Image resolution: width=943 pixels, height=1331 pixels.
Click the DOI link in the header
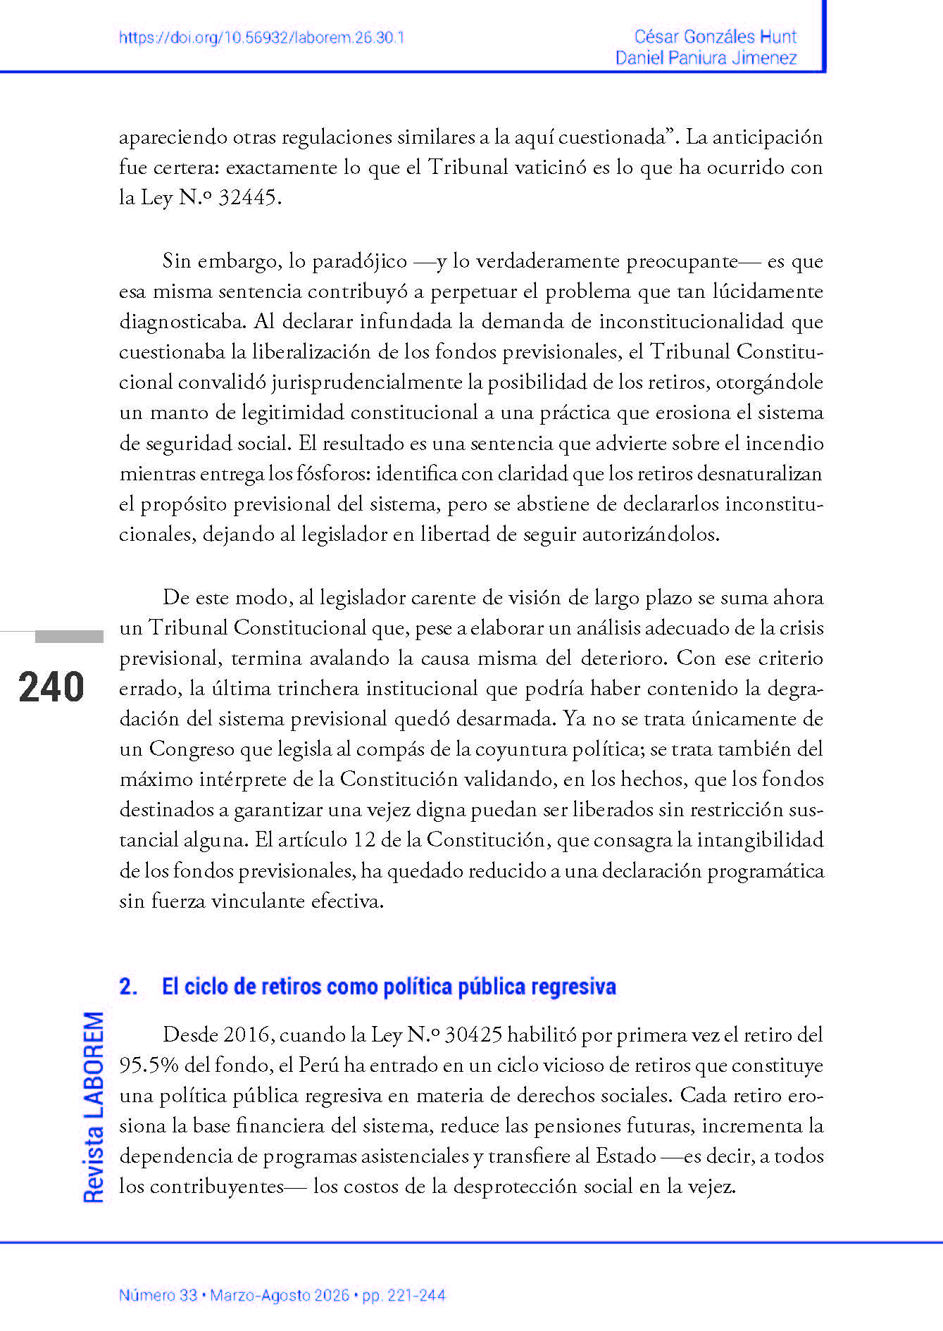(x=261, y=38)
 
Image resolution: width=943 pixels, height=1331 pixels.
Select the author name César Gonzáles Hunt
(x=715, y=37)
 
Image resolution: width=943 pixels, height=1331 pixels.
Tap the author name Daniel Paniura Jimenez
(x=706, y=58)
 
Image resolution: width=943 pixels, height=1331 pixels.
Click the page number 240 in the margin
(x=51, y=687)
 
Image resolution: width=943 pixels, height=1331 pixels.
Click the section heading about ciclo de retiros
(x=389, y=986)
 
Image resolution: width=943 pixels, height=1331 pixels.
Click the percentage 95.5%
(x=149, y=1065)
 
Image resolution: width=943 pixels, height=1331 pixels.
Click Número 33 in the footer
(x=158, y=1295)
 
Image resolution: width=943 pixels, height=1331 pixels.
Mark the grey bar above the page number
(x=69, y=637)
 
